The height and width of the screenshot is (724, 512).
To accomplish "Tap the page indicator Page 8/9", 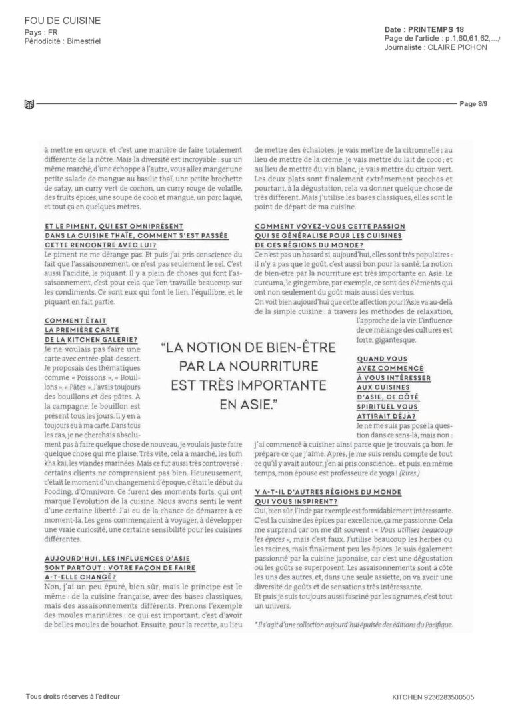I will pos(474,103).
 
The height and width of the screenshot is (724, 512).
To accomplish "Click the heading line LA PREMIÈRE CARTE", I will pos(78,330).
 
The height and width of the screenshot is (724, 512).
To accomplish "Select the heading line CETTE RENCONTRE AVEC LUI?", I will pos(90,245).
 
